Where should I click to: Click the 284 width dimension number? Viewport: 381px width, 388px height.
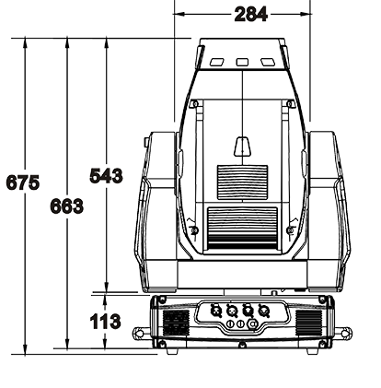point(250,15)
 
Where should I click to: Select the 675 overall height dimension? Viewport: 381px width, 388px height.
point(23,182)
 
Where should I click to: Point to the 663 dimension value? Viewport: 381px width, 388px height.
point(67,206)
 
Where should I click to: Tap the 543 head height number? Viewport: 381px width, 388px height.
point(106,176)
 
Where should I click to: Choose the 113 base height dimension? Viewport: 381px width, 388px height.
point(105,322)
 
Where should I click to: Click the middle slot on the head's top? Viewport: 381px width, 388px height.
point(242,62)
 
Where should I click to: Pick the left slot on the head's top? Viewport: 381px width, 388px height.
point(217,62)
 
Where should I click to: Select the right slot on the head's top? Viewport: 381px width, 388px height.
point(268,62)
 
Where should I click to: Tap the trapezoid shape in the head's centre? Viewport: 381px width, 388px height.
point(242,147)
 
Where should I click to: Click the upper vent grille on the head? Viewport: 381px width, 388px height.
point(242,182)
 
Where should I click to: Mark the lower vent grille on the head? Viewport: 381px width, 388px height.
point(242,228)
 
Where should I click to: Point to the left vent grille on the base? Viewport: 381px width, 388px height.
point(176,323)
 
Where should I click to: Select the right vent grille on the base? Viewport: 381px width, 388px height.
point(309,323)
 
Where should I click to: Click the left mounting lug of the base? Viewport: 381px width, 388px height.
point(141,333)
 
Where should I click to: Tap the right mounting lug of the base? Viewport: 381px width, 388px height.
point(343,333)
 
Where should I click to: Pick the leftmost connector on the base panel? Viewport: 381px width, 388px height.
point(216,311)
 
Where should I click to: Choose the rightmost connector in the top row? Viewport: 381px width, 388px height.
point(264,311)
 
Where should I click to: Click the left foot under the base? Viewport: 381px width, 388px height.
point(172,351)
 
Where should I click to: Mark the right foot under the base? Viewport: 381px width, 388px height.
point(313,351)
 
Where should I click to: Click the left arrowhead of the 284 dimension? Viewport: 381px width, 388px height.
point(179,14)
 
